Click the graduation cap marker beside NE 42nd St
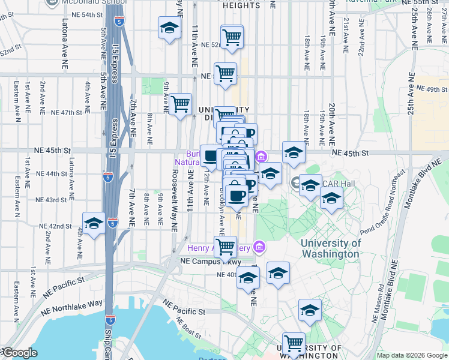pos(94,224)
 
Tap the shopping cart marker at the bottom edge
pos(294,344)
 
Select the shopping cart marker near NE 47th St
pos(180,104)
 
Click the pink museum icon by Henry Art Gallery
pos(259,246)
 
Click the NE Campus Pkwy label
pos(210,262)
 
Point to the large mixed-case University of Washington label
pos(330,248)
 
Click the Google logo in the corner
pos(19,353)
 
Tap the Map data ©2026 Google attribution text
pos(411,355)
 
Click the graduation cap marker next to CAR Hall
pos(310,185)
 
